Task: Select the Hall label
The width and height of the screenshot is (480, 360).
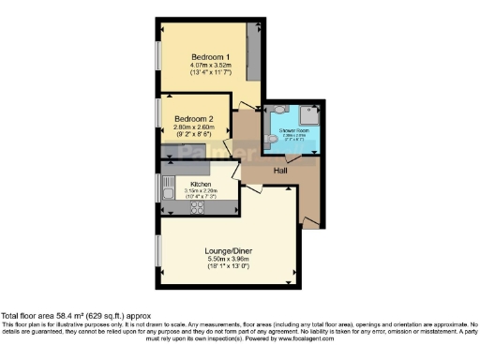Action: click(x=280, y=172)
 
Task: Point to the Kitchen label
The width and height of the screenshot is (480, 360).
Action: click(x=201, y=184)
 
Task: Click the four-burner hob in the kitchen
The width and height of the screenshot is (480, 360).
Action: click(x=199, y=207)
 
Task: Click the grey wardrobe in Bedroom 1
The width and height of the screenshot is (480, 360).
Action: click(x=253, y=55)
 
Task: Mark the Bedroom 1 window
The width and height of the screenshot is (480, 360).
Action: click(x=157, y=60)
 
